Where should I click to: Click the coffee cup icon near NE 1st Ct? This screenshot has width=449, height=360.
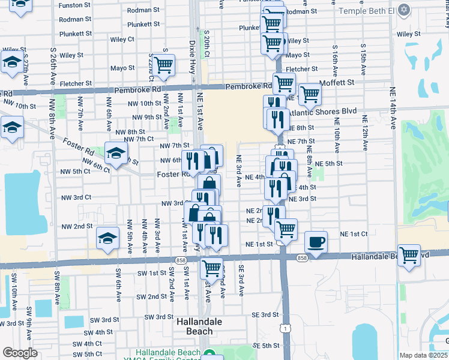click(316, 242)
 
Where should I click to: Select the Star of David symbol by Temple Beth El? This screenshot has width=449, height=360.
click(403, 11)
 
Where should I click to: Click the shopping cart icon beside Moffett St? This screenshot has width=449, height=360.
click(310, 94)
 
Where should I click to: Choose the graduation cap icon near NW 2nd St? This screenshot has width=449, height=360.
click(107, 239)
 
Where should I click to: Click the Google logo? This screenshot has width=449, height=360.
click(20, 353)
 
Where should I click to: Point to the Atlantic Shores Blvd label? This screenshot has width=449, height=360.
click(322, 112)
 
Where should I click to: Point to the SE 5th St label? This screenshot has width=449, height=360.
click(266, 346)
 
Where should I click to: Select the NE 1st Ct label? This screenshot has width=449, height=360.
click(354, 233)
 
